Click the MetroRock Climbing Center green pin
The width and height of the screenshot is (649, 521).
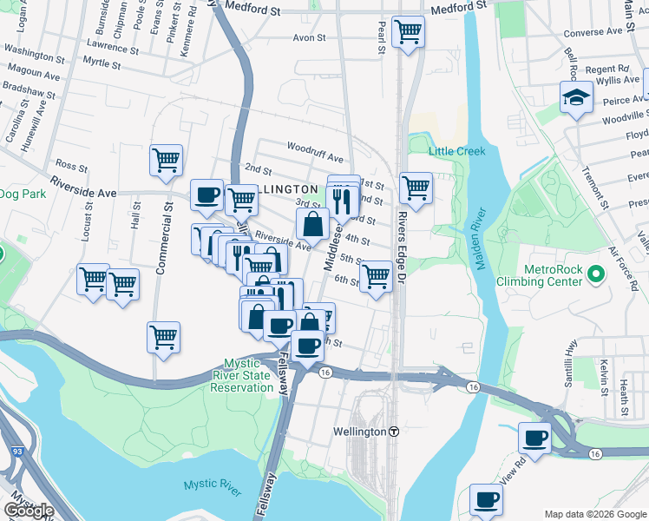pyautogui.click(x=594, y=275)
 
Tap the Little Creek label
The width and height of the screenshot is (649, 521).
pyautogui.click(x=456, y=151)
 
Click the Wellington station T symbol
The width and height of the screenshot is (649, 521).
pyautogui.click(x=394, y=432)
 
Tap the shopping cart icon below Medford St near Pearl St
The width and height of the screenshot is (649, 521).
pyautogui.click(x=408, y=33)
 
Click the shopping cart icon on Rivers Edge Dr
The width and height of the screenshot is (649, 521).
pyautogui.click(x=416, y=188)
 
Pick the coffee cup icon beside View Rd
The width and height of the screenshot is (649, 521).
pyautogui.click(x=535, y=438)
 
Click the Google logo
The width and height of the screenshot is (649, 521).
pyautogui.click(x=29, y=511)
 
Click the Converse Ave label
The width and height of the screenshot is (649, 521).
pyautogui.click(x=593, y=32)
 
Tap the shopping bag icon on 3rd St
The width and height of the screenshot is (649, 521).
pyautogui.click(x=312, y=224)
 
